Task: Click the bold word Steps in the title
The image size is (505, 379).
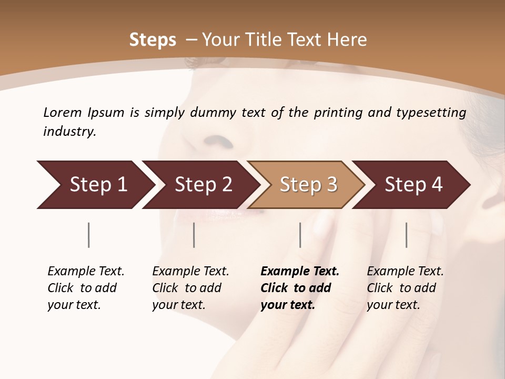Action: pos(153,40)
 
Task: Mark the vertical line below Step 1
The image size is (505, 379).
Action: pos(89,235)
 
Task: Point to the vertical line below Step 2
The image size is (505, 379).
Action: pos(194,235)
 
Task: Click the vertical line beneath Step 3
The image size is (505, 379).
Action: pos(300,235)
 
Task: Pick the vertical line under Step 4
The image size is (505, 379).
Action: pos(406,235)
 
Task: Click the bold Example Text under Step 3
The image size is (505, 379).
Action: pos(300,272)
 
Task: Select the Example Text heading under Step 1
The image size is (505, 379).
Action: pos(86,272)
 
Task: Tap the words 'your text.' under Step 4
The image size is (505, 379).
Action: pos(393,305)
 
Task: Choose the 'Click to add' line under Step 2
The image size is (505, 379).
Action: pos(187,288)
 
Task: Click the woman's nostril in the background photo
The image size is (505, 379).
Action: pos(218,141)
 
